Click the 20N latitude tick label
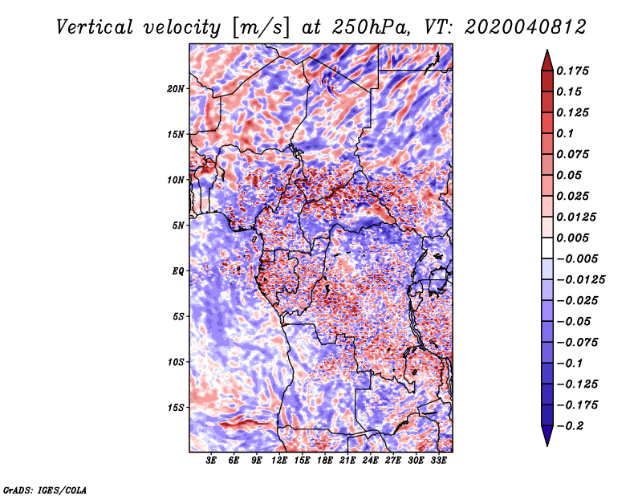click(176, 89)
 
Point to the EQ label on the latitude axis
click(178, 271)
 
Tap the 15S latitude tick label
click(176, 408)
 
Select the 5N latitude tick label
click(178, 226)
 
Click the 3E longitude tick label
click(211, 461)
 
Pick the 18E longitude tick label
click(325, 461)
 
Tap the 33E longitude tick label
click(438, 461)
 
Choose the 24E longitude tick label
click(370, 461)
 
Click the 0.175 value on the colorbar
click(572, 71)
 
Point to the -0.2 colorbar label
click(570, 426)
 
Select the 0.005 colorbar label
click(572, 238)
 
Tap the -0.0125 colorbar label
click(580, 280)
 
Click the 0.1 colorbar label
click(565, 133)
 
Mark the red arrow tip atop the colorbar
click(547, 51)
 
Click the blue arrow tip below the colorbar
click(547, 445)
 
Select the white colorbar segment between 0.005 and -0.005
click(547, 248)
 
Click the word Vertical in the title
click(95, 27)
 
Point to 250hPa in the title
click(371, 27)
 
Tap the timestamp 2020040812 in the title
click(526, 27)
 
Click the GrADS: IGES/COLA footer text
click(45, 490)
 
